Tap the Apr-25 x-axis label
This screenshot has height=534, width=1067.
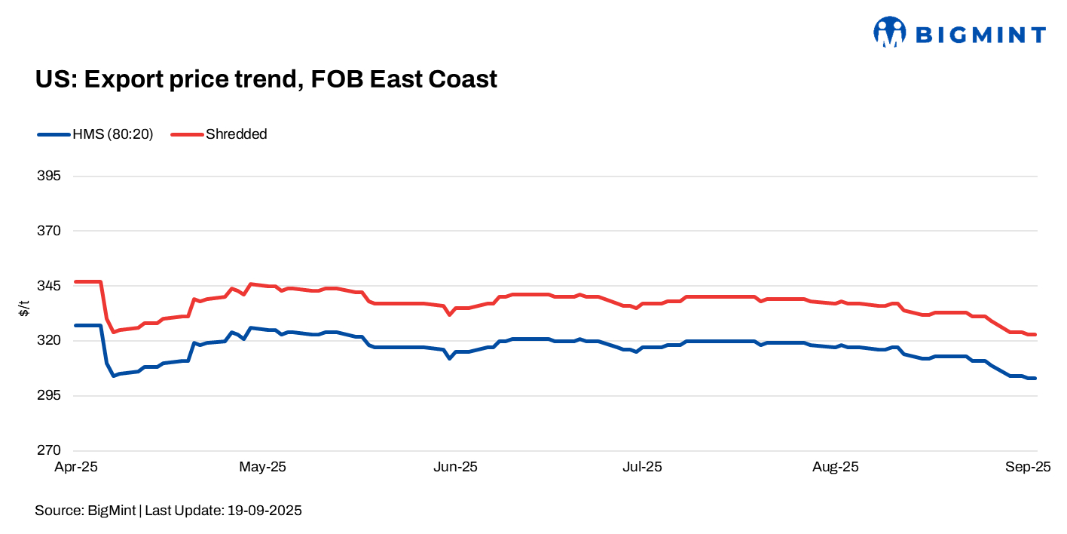click(76, 468)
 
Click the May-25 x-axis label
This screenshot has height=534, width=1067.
click(262, 468)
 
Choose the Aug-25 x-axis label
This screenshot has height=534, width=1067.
click(835, 468)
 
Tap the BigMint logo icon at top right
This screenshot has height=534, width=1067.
click(889, 33)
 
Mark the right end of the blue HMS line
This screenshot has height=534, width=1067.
click(1036, 378)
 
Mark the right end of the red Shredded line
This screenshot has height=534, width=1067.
click(1036, 334)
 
